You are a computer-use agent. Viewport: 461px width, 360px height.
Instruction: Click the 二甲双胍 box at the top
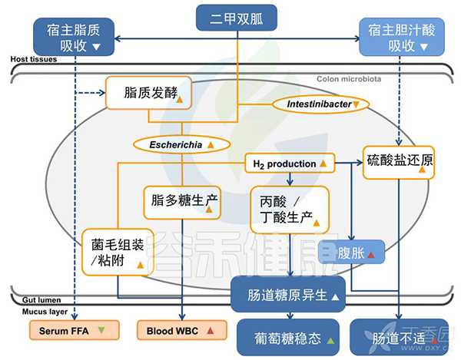coord(230,17)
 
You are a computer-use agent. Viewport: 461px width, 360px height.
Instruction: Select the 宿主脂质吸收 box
coord(75,38)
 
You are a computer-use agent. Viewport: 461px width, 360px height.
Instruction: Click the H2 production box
coord(289,163)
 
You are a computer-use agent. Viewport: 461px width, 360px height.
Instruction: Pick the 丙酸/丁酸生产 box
coord(290,209)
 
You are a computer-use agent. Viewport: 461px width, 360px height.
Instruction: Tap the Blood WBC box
coord(177,331)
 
